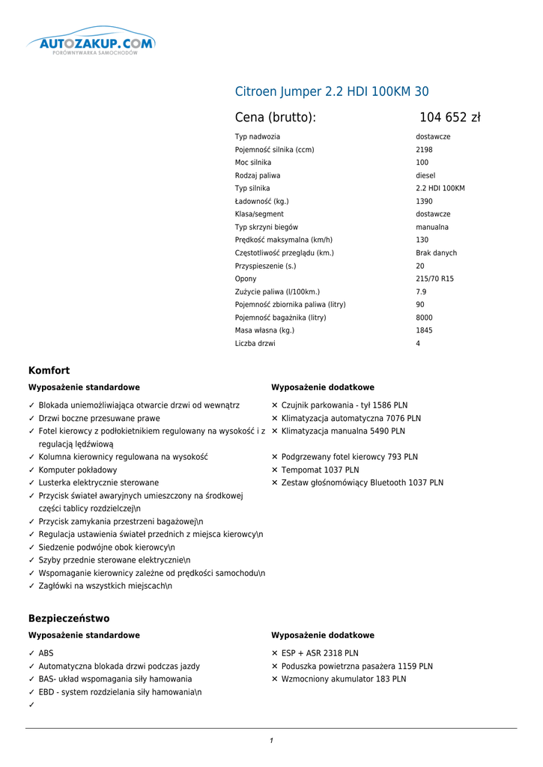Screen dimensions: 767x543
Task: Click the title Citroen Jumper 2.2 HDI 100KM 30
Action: click(x=332, y=92)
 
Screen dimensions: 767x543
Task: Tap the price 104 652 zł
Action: click(x=449, y=118)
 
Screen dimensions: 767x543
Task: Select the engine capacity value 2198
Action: click(x=424, y=150)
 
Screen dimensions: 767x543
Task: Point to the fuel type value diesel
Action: click(x=425, y=175)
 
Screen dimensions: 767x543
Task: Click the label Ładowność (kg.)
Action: click(x=261, y=201)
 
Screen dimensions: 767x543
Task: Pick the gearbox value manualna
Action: click(x=432, y=227)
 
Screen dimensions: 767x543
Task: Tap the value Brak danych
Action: click(x=436, y=253)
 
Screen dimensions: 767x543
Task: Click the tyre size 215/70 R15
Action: click(x=434, y=279)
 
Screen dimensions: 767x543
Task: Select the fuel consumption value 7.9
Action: click(x=421, y=291)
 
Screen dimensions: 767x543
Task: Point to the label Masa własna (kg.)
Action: click(x=264, y=330)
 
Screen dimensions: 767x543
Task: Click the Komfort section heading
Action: click(x=49, y=371)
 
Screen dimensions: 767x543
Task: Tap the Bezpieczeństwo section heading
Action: click(x=69, y=619)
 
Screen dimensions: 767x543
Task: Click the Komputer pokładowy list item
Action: click(x=78, y=470)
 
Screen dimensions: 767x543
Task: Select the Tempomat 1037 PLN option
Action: click(x=320, y=470)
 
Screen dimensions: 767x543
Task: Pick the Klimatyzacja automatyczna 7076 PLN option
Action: click(x=351, y=419)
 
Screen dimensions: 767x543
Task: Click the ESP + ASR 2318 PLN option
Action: click(x=320, y=653)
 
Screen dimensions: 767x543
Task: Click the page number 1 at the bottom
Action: click(x=271, y=741)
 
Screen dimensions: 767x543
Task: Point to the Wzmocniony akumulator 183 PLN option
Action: click(x=344, y=679)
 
